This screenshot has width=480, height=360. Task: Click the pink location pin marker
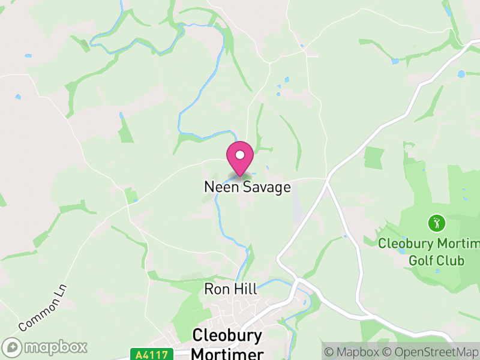(x=240, y=159)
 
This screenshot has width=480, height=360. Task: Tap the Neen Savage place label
(x=247, y=187)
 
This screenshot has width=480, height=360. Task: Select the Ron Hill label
(x=230, y=289)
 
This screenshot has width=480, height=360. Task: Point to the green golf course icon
(x=436, y=223)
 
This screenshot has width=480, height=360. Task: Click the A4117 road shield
(x=151, y=355)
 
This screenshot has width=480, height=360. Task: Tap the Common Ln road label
(x=44, y=309)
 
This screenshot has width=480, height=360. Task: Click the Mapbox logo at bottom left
(x=45, y=347)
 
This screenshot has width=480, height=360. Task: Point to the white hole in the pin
(x=240, y=155)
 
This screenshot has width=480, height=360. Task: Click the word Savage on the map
(x=266, y=187)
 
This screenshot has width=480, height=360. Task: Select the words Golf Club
(x=436, y=261)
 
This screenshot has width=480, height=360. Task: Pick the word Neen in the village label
(x=222, y=187)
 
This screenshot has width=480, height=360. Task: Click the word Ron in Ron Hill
(x=217, y=289)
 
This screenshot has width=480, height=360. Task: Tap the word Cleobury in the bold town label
(x=227, y=335)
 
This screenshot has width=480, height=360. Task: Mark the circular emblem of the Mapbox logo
(x=13, y=347)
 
